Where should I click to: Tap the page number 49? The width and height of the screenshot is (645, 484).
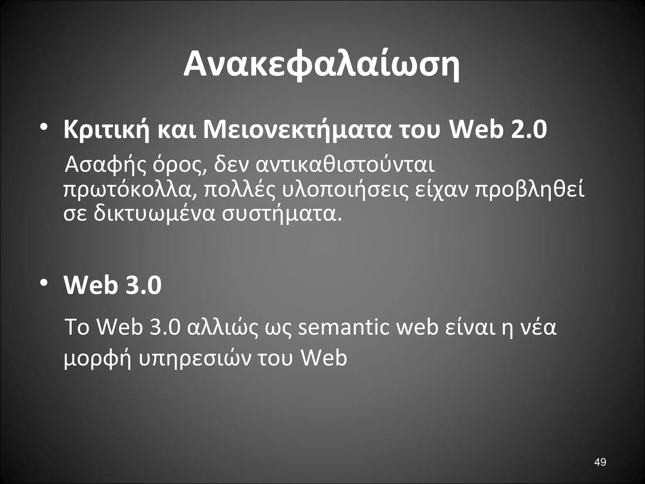coord(600,462)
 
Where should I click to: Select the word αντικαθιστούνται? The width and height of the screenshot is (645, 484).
coord(345,165)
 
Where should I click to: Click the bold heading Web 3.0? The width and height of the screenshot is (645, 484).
coord(113,285)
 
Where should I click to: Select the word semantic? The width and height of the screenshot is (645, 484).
coord(343,328)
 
